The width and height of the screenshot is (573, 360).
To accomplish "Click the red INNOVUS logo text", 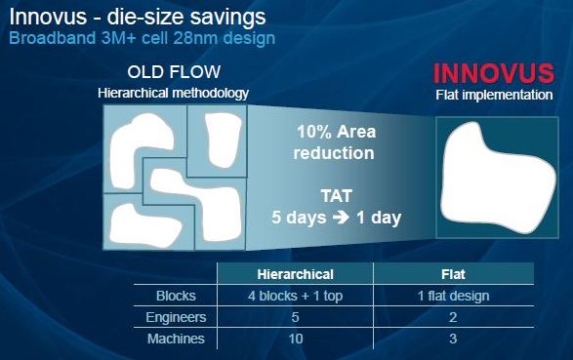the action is point(494,73).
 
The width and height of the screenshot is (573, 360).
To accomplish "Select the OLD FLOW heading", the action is point(174,72).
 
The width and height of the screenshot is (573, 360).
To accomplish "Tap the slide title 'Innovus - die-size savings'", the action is point(138,17).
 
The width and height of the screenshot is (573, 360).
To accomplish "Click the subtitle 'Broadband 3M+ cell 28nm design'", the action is point(143,38).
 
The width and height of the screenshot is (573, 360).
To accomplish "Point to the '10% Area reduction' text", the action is point(336,142).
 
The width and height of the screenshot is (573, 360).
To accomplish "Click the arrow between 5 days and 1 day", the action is point(341,218).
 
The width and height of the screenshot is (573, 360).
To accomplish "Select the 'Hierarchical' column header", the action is point(295,274).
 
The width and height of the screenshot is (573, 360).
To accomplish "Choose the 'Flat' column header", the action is point(453,274).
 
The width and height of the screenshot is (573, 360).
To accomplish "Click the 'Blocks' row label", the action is point(176,296).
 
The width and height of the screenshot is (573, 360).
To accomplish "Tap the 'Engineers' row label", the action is point(176,317).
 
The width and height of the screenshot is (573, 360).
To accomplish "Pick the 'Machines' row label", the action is point(176,339).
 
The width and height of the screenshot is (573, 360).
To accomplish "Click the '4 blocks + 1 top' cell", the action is point(295,296).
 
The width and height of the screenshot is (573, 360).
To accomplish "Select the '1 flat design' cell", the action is point(453,296).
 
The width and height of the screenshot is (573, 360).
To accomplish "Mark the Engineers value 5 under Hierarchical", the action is point(295,317).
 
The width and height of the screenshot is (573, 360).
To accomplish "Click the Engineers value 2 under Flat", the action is point(453,317).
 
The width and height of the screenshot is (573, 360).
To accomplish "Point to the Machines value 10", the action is point(296,339).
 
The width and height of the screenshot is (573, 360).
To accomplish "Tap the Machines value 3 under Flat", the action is point(453,339).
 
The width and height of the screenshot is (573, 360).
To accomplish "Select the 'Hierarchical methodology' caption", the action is point(173,93).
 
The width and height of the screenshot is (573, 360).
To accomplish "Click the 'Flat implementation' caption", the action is point(494,95).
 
